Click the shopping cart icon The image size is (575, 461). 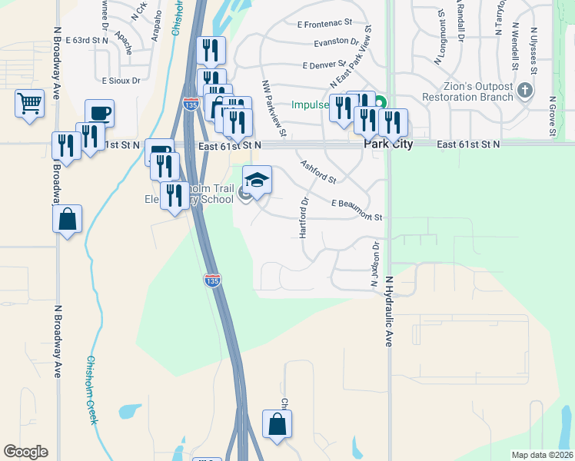[29, 103]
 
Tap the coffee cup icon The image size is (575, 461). [99, 114]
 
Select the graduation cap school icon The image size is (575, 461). [258, 181]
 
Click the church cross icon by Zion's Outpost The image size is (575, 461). [525, 91]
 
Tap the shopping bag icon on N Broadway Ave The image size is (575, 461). [67, 220]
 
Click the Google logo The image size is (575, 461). [25, 452]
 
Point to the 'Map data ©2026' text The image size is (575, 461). [542, 455]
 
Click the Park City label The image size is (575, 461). [388, 144]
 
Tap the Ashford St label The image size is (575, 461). [318, 171]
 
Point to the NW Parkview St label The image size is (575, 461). [274, 109]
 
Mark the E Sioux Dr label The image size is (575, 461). [121, 79]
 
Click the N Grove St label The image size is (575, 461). [553, 117]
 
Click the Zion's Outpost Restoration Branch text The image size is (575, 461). [467, 91]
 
